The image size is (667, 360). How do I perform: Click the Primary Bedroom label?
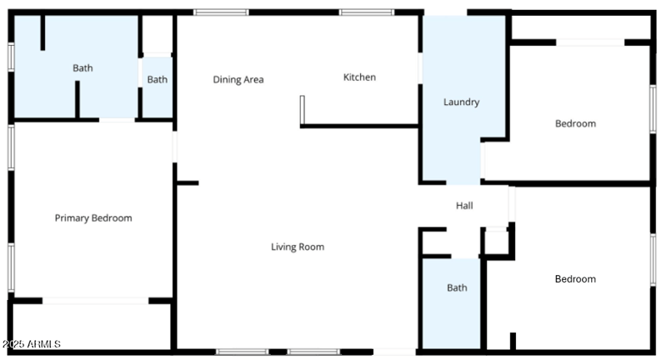(93, 218)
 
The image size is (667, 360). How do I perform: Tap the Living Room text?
(298, 247)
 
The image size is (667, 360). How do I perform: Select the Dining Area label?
(238, 80)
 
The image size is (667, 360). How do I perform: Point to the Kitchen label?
(359, 77)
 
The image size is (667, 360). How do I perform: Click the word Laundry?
(461, 102)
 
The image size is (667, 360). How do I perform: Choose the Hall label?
(464, 206)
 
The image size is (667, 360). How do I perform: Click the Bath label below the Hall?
(457, 288)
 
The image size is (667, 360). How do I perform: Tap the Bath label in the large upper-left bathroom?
(83, 68)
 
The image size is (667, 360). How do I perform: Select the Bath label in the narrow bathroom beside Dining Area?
(158, 80)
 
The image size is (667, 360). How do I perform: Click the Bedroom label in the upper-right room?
(575, 124)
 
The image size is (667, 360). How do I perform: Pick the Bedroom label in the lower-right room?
(575, 279)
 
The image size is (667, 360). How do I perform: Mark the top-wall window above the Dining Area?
(221, 12)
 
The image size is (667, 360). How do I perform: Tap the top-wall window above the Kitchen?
(367, 12)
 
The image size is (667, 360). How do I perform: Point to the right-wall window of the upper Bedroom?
(653, 109)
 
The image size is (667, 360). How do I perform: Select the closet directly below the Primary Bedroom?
(92, 325)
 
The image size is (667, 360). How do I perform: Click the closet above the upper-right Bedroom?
(579, 27)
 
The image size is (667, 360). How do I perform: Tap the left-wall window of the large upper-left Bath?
(11, 56)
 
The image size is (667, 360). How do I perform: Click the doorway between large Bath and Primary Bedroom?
(118, 120)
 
